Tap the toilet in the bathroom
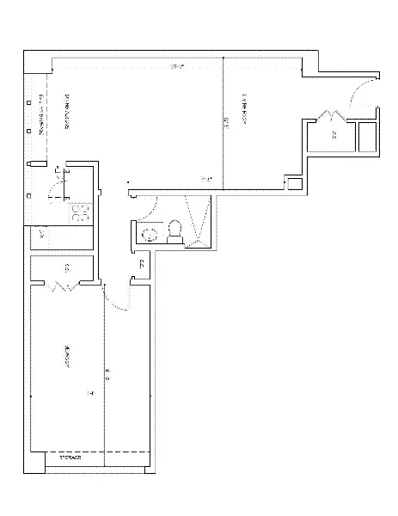point(175,230)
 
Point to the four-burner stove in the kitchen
point(82,212)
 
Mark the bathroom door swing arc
point(148,203)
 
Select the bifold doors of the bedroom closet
point(61,286)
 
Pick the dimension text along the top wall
point(178,66)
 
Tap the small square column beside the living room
point(294,183)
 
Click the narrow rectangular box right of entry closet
point(367,137)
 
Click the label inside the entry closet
point(334,136)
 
